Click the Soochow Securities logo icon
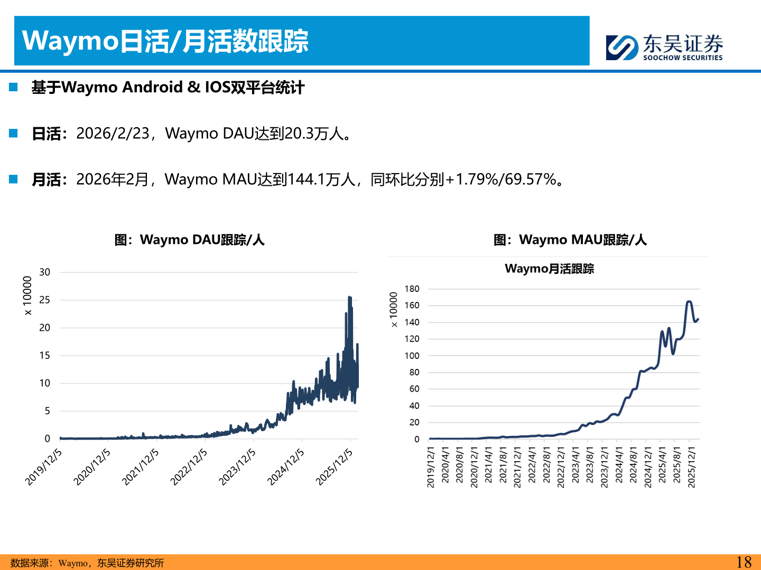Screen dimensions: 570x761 (x=622, y=47)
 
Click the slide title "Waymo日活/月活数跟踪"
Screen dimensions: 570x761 (x=165, y=41)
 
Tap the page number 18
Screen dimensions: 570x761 (x=744, y=562)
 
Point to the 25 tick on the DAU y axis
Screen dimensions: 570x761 (x=45, y=300)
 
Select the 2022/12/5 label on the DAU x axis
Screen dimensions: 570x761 (x=189, y=467)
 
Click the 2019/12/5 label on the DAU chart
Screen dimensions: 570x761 (x=43, y=467)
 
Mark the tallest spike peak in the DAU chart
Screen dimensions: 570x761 (x=349, y=298)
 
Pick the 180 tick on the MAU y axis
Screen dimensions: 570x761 (x=412, y=289)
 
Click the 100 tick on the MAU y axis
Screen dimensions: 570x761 (x=412, y=356)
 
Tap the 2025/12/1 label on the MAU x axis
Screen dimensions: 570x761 (x=691, y=467)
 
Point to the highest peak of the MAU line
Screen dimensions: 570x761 (x=689, y=301)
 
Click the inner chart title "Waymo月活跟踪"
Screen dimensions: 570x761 (x=549, y=269)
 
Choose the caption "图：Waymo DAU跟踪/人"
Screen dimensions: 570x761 (x=189, y=240)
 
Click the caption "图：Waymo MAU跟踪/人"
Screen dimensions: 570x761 (x=570, y=240)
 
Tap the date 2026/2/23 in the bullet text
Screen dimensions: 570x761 (x=113, y=134)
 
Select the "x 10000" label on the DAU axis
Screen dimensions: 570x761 (x=27, y=296)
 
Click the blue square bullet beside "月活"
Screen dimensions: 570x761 (x=14, y=179)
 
